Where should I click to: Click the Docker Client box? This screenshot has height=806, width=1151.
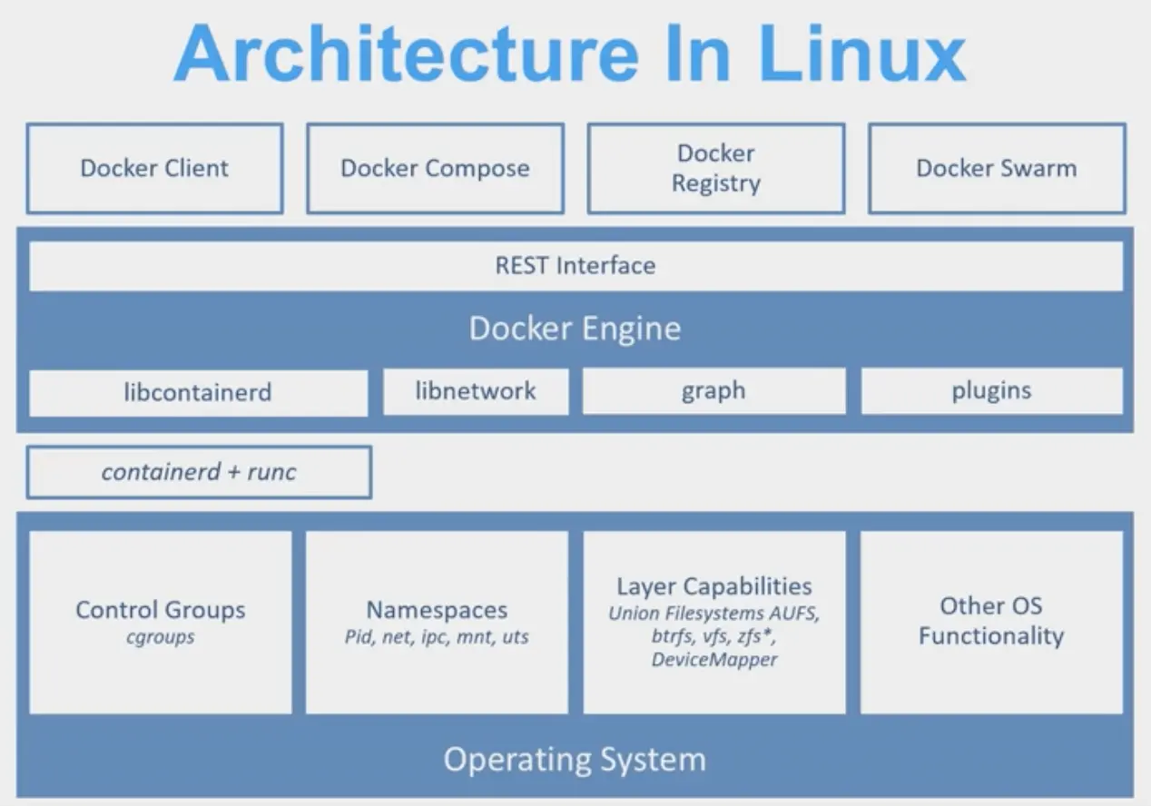154,169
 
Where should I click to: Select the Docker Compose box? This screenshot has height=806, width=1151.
435,169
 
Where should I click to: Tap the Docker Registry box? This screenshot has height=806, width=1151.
716,169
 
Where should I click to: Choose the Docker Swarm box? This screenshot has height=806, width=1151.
997,169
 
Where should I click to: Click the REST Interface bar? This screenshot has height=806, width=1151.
575,266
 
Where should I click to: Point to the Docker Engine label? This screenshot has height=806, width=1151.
575,329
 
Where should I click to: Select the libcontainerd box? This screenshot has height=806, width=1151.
199,393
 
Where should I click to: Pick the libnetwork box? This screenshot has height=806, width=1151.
476,391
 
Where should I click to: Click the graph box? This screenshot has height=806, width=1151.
713,391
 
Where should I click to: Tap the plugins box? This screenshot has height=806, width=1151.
992,391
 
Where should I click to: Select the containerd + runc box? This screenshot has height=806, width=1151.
199,472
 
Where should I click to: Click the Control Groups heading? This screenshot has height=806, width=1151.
161,610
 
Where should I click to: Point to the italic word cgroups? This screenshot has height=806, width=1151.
161,637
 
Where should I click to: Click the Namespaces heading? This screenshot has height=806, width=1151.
437,610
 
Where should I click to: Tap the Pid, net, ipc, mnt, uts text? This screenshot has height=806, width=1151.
437,637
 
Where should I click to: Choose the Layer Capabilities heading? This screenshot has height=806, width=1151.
714,586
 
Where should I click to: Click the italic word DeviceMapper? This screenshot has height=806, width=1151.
714,659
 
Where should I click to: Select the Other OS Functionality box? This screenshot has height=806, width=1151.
992,622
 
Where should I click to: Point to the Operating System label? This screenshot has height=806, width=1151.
575,760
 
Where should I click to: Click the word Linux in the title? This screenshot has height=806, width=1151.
862,53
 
